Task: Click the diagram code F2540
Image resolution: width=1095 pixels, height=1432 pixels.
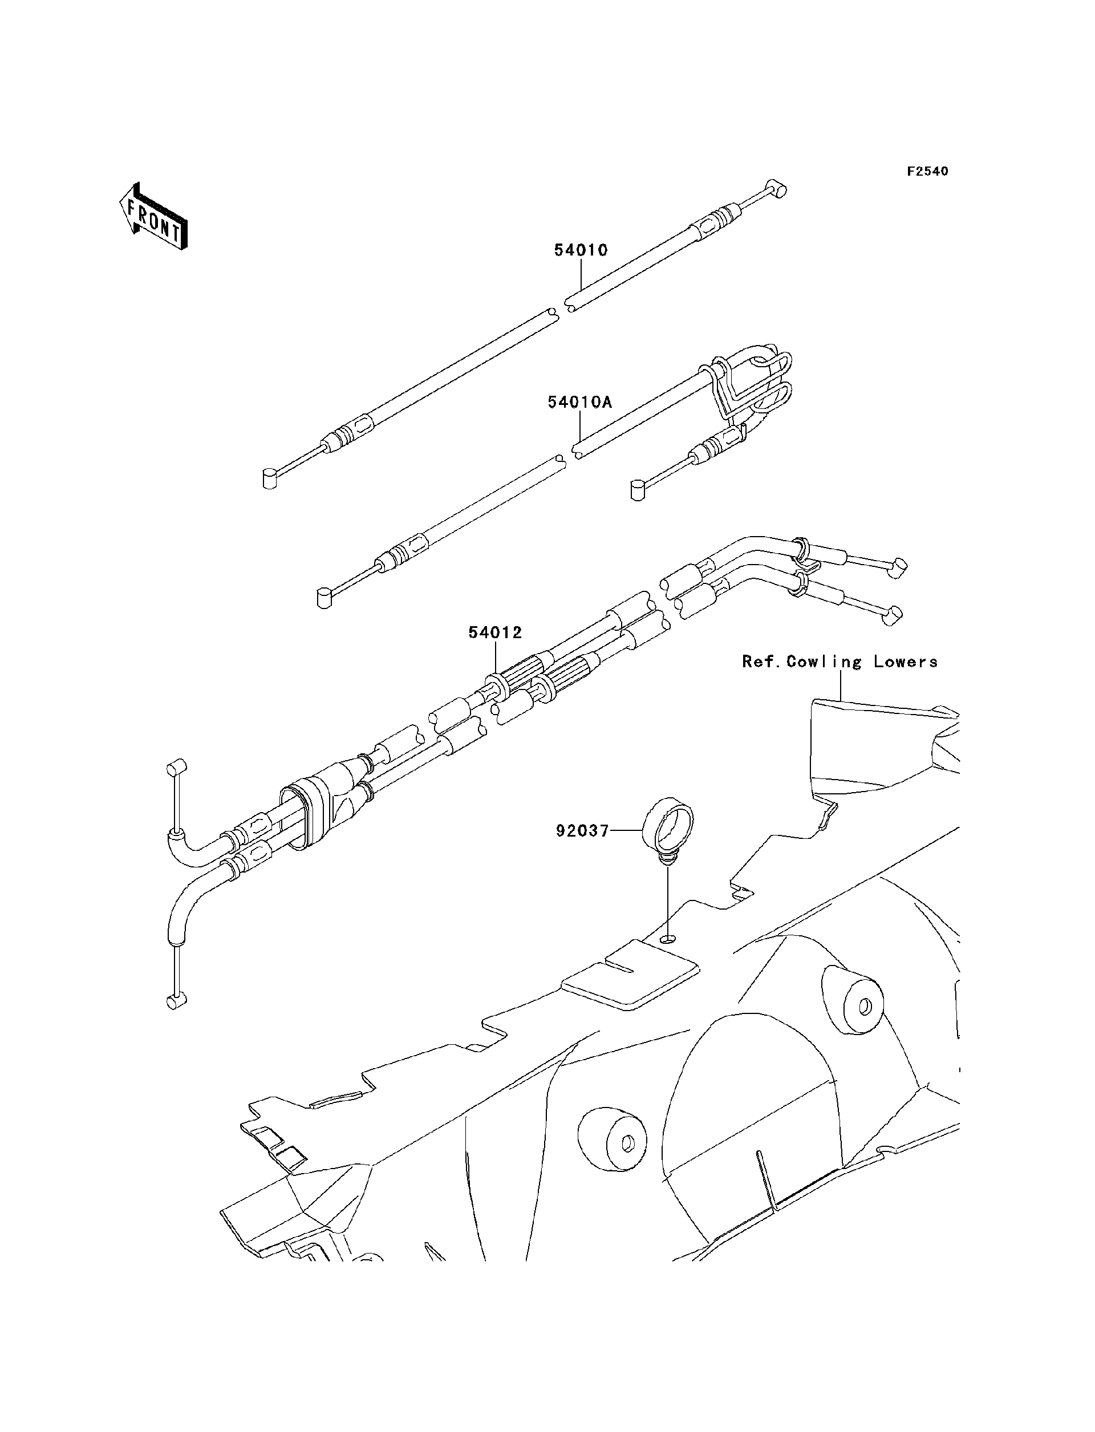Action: pyautogui.click(x=927, y=172)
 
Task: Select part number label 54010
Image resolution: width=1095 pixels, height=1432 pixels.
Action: pyautogui.click(x=581, y=250)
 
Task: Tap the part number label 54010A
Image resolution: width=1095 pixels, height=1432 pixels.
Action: pyautogui.click(x=579, y=403)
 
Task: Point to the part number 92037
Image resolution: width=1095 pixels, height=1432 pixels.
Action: pyautogui.click(x=582, y=831)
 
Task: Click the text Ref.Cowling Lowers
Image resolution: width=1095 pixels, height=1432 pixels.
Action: pyautogui.click(x=839, y=662)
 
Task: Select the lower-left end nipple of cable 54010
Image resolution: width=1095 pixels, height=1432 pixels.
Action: pyautogui.click(x=269, y=479)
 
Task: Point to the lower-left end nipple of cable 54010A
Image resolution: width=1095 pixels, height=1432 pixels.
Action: pyautogui.click(x=324, y=598)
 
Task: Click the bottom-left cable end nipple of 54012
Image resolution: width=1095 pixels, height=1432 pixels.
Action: pyautogui.click(x=176, y=1002)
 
